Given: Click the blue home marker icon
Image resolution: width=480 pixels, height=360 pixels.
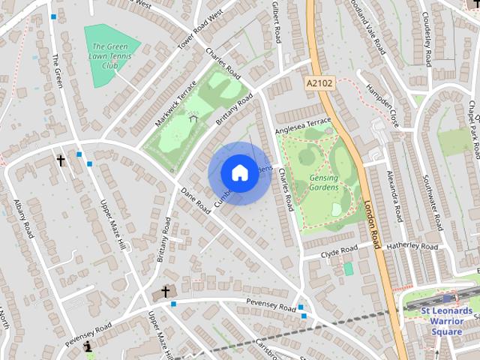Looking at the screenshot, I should (x=239, y=173).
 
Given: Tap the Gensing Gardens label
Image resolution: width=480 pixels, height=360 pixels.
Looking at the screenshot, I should (x=323, y=183).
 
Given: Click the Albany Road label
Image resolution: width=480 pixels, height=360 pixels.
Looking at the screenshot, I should (x=23, y=218).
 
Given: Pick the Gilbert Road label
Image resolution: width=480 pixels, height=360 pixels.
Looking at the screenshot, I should (x=276, y=21).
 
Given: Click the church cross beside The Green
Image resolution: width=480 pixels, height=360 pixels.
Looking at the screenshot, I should (x=61, y=160).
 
